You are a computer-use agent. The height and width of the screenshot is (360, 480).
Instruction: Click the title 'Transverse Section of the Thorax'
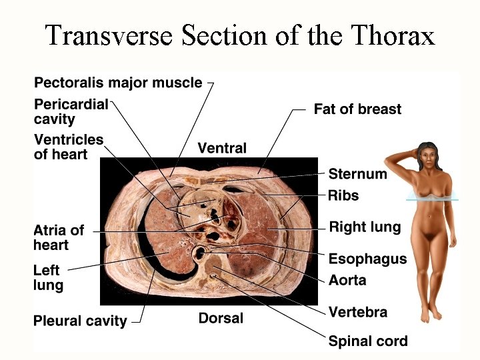tap(239, 34)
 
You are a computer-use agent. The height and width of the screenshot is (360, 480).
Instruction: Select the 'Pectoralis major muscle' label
tap(118, 83)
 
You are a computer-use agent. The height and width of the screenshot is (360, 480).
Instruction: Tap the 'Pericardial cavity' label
tap(71, 112)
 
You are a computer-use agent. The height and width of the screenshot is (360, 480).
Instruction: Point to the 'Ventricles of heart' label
tap(69, 147)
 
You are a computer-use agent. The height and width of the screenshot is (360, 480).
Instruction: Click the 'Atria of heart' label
tap(59, 237)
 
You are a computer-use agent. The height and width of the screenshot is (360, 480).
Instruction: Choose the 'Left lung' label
tap(48, 278)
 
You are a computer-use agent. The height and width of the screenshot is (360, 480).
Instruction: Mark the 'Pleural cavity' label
tap(80, 321)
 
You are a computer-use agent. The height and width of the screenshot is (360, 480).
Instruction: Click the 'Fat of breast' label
tap(357, 109)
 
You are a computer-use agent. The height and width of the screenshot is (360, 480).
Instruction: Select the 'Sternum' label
tap(357, 174)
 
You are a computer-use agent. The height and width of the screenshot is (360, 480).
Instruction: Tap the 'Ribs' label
tap(343, 195)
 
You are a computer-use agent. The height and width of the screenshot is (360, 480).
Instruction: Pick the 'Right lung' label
tap(365, 227)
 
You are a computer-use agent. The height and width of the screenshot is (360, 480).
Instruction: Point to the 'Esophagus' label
tap(367, 258)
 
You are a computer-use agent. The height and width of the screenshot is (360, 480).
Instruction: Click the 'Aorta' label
tap(347, 280)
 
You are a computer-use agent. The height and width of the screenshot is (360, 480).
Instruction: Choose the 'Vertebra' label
tap(357, 311)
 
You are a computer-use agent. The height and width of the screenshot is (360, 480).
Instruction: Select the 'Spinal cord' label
tap(367, 341)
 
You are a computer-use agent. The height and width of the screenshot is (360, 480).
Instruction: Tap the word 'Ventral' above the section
tap(222, 148)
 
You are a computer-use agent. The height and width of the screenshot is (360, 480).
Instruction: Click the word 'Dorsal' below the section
tap(221, 318)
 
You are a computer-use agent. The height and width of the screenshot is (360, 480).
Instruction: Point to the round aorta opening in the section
tap(199, 253)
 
